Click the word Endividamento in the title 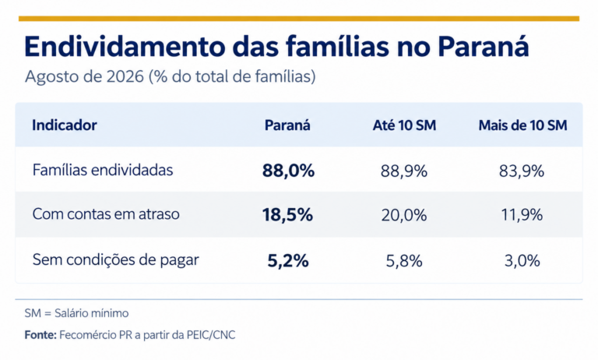click(x=125, y=47)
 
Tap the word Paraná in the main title click(x=483, y=46)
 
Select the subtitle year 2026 click(x=125, y=76)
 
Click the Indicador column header click(x=65, y=125)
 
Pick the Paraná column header click(x=287, y=125)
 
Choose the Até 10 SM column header click(x=404, y=125)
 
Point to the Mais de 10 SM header click(x=523, y=125)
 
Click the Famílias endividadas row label click(x=103, y=170)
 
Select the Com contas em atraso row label click(x=106, y=214)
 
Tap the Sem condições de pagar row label click(x=115, y=260)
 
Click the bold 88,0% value click(x=288, y=171)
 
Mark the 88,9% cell click(x=404, y=171)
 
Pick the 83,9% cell click(x=522, y=171)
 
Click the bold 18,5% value click(x=287, y=215)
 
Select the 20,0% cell click(x=404, y=215)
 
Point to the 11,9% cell click(x=522, y=215)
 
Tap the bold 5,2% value click(x=288, y=261)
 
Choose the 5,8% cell click(x=404, y=261)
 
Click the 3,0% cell click(x=522, y=261)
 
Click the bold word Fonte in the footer click(x=40, y=335)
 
